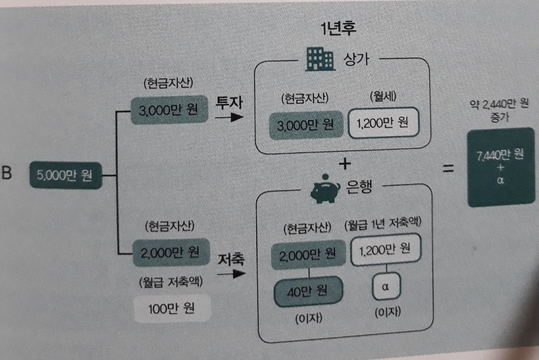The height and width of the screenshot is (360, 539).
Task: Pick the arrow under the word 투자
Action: (x=228, y=118)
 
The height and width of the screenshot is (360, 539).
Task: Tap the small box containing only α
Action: (x=387, y=287)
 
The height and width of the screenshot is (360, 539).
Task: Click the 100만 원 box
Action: (x=171, y=310)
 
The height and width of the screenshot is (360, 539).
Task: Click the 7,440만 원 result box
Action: (x=499, y=167)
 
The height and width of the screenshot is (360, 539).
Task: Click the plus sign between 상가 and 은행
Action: (x=346, y=164)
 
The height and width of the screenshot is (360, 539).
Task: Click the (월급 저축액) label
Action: (x=171, y=280)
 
